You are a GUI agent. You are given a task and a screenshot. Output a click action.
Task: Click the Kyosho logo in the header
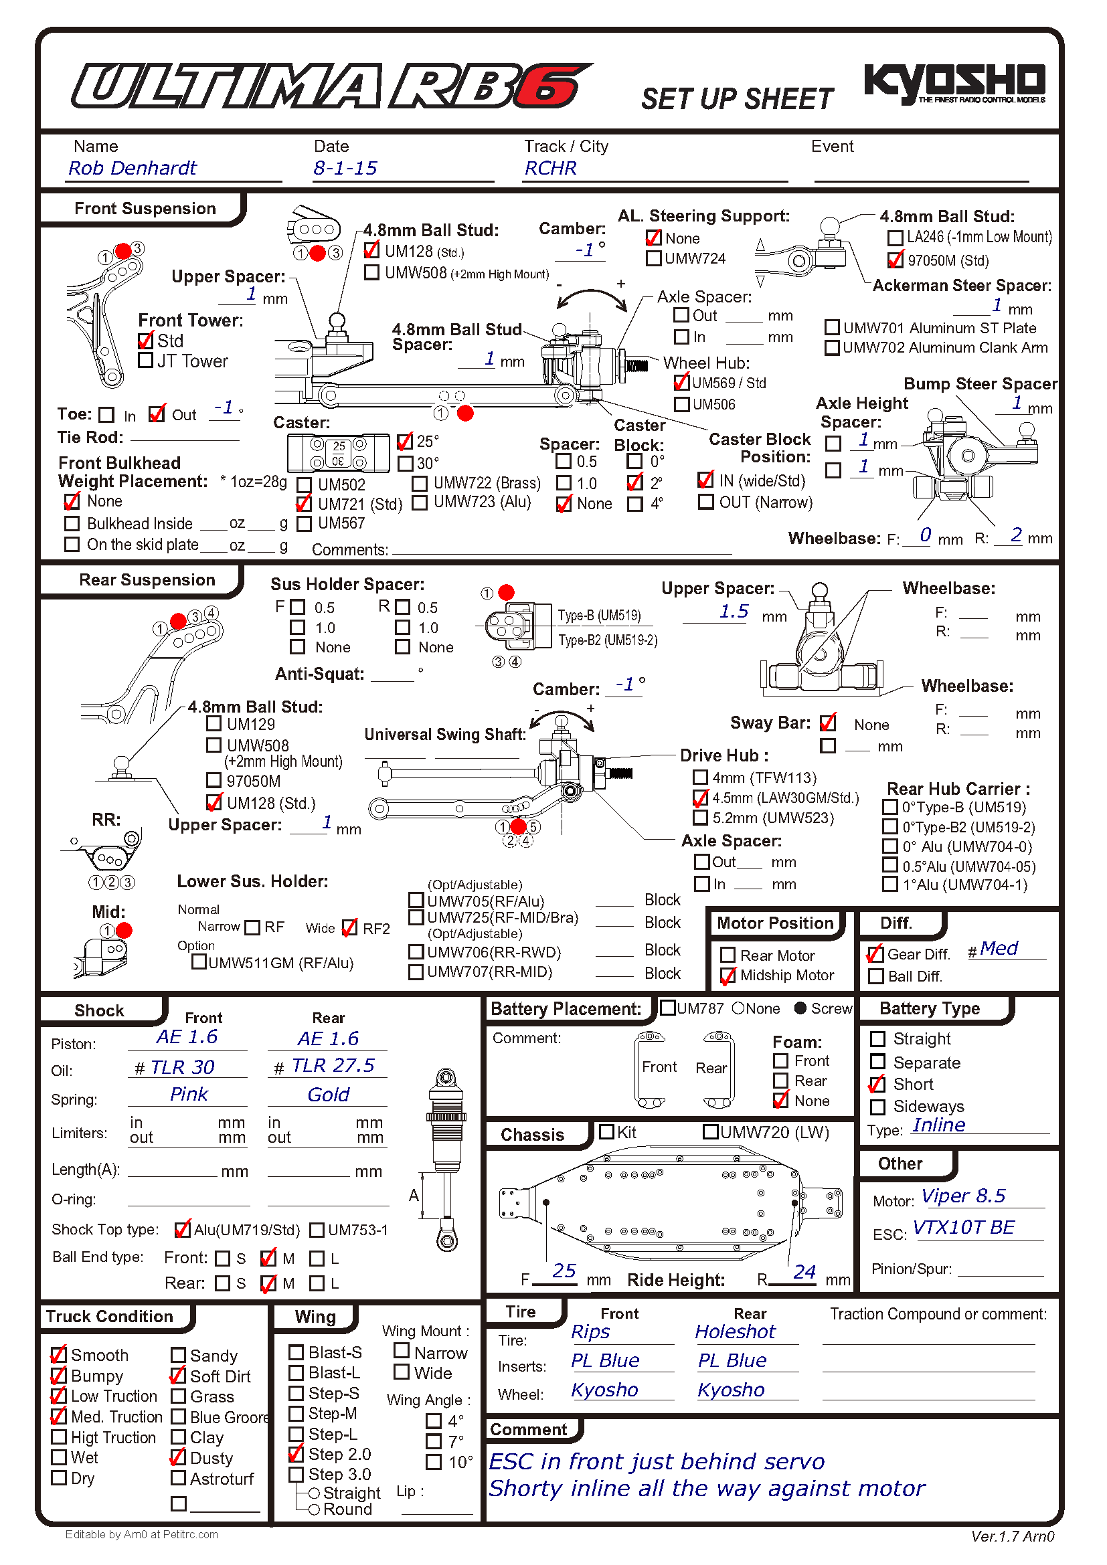954,83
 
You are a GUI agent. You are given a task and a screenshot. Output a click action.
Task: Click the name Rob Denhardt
133,169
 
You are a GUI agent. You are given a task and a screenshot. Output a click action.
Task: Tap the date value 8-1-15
345,169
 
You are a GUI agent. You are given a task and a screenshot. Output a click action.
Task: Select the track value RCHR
550,169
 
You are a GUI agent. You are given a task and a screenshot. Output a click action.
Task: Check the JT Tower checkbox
145,361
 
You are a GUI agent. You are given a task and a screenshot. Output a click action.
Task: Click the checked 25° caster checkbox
405,442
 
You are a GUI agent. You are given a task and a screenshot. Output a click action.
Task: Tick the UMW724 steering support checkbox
653,258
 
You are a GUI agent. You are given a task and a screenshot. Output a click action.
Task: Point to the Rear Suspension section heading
147,580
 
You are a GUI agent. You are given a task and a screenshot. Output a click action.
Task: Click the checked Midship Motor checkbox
728,976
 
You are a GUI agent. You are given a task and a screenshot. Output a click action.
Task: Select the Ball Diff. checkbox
876,977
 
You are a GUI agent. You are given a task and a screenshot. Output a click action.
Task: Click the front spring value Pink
189,1095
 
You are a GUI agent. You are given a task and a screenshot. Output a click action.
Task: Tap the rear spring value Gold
328,1095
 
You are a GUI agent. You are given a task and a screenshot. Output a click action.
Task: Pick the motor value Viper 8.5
963,1196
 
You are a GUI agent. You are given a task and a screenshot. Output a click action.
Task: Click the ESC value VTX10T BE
963,1228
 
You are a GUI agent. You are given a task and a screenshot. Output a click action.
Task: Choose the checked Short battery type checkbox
877,1085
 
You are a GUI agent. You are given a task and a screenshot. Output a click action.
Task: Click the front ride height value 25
564,1271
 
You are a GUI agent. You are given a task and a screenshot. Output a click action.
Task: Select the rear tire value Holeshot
735,1332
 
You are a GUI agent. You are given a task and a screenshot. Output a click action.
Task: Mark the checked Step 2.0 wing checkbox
296,1454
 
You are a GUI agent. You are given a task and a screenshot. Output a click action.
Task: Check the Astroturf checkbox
179,1478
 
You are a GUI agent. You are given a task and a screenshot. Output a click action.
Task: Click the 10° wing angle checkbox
434,1462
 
